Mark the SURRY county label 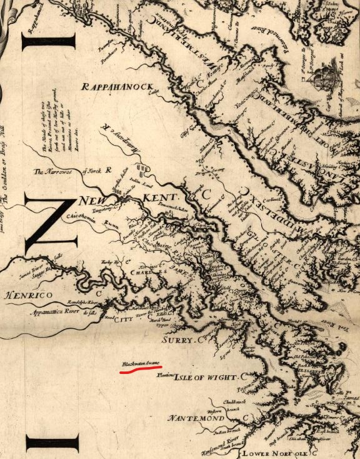[x=178, y=340]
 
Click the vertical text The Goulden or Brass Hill [x=8, y=163]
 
